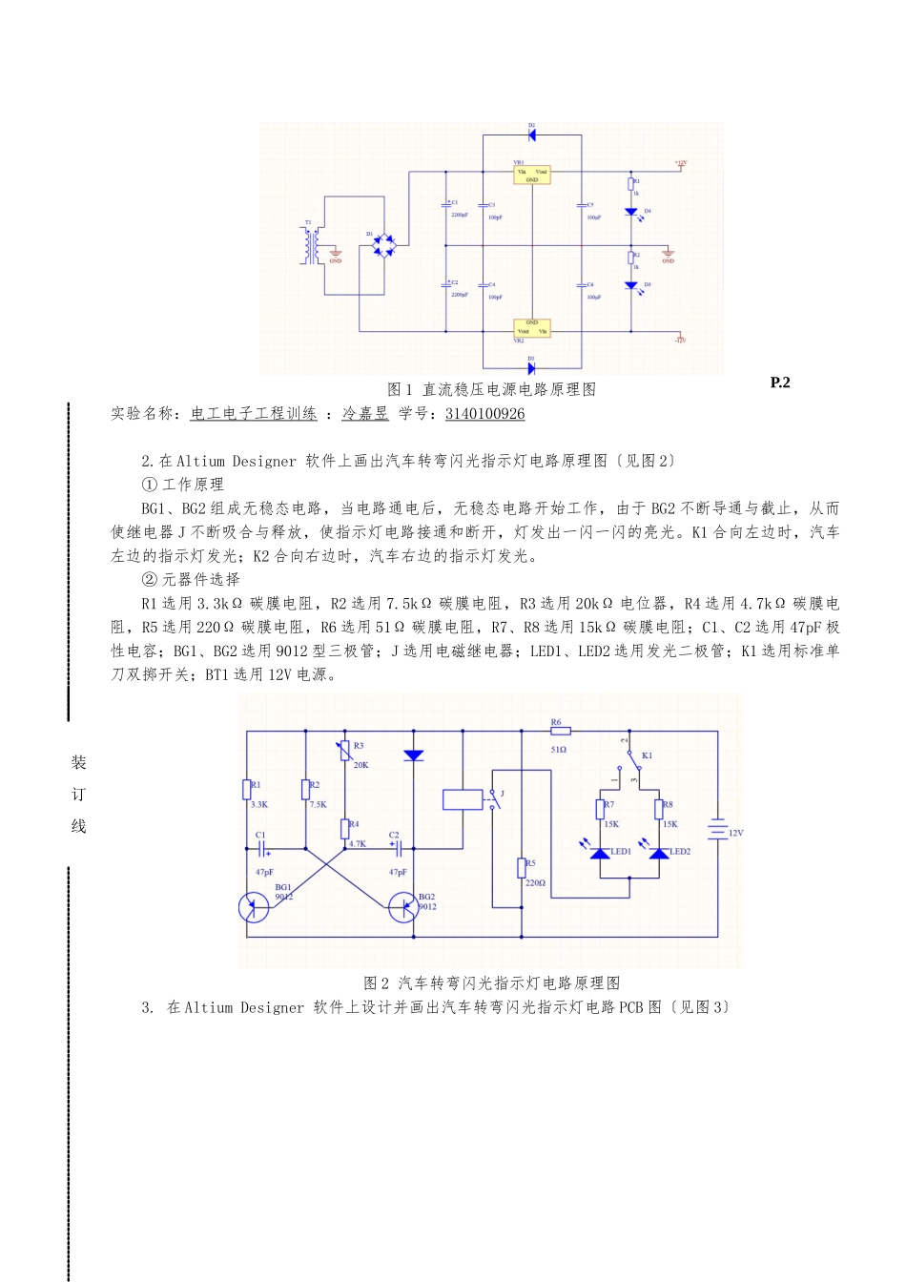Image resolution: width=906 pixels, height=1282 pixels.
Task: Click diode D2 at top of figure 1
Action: pos(531,134)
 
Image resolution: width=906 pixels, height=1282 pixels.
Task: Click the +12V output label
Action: pos(680,164)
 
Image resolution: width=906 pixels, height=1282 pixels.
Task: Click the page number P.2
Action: pos(780,383)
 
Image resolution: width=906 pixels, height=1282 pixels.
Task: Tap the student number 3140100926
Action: pos(484,414)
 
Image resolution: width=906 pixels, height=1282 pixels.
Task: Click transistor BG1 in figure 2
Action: pos(255,906)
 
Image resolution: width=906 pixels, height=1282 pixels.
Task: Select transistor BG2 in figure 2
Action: pos(403,906)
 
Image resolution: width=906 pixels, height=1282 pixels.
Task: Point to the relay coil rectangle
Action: pos(463,799)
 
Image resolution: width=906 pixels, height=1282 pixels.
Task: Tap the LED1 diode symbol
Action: pos(600,852)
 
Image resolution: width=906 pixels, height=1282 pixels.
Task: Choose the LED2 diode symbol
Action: pos(659,852)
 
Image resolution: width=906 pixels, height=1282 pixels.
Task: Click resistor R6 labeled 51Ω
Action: pos(560,732)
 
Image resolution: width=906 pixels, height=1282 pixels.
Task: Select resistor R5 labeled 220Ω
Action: pos(522,867)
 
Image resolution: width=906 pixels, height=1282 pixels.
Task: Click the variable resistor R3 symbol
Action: pos(345,752)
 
